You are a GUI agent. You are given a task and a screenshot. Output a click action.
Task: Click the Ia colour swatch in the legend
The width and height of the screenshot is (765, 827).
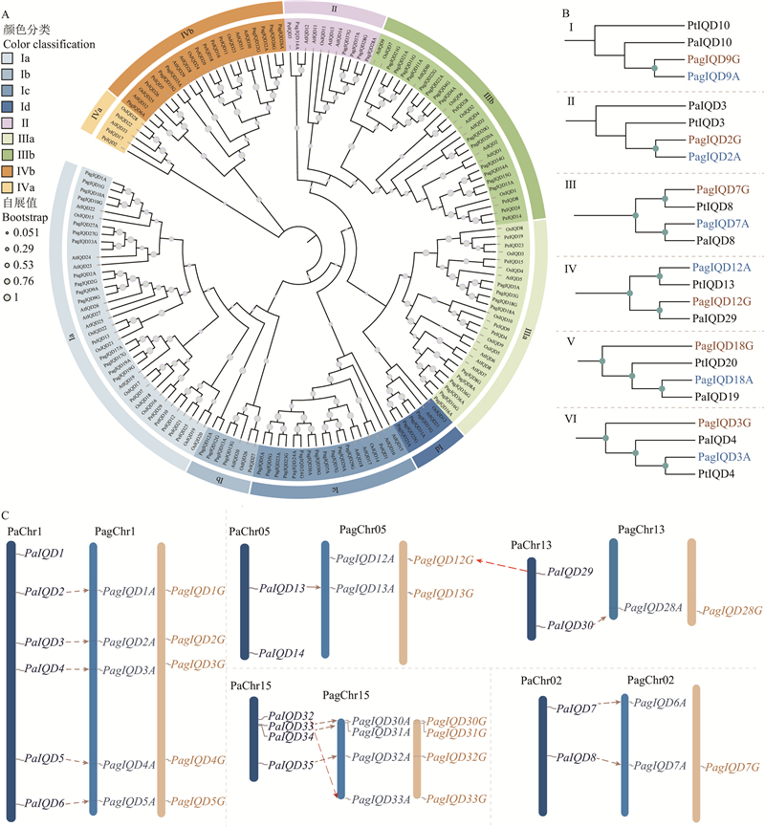(x=9, y=58)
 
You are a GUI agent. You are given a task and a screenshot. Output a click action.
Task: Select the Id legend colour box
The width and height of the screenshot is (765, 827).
(x=9, y=107)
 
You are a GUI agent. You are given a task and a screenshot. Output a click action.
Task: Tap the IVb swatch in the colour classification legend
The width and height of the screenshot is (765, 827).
(x=9, y=171)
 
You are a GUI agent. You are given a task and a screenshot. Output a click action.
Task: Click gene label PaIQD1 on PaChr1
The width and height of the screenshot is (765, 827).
(x=44, y=554)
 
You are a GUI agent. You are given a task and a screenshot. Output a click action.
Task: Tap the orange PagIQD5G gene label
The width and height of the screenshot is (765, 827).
(x=197, y=801)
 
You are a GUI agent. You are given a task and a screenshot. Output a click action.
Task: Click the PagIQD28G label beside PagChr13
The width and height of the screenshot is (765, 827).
(x=730, y=610)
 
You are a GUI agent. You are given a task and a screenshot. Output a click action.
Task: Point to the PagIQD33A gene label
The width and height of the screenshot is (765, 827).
(x=381, y=799)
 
